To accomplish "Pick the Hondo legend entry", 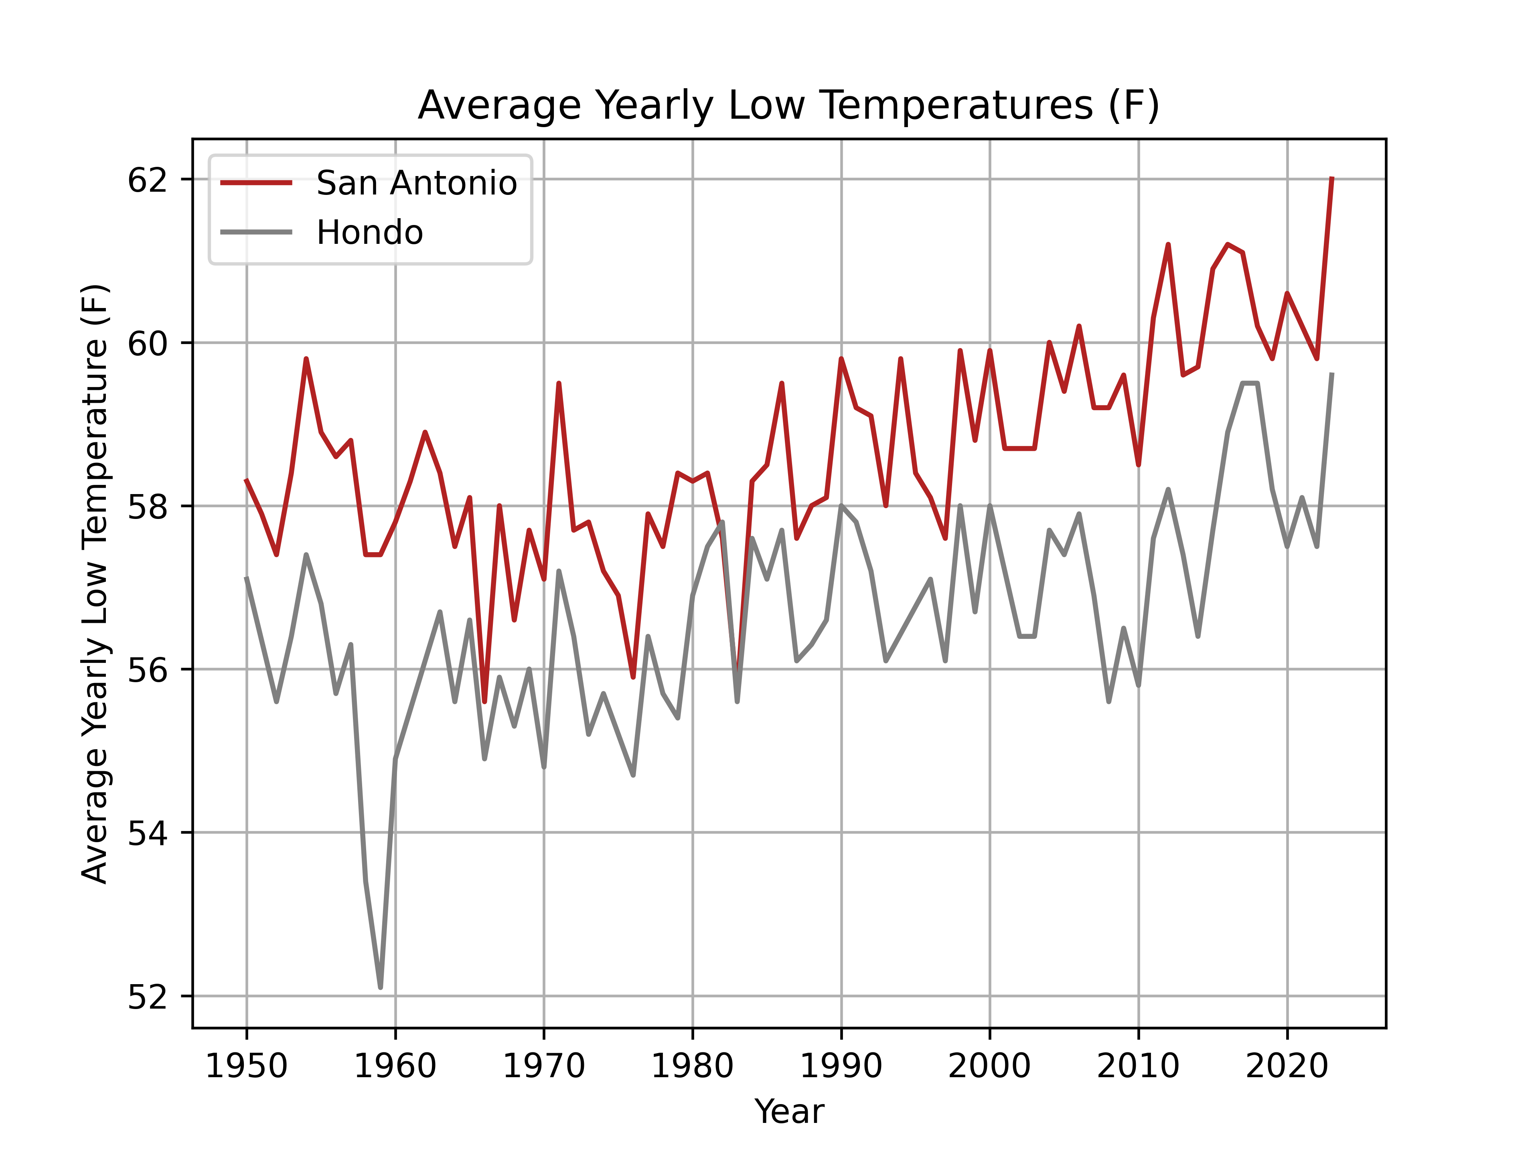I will tap(369, 233).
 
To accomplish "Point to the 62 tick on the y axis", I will tap(148, 180).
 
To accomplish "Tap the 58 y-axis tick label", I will tap(148, 506).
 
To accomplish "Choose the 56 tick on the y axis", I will tap(148, 670).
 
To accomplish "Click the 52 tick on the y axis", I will tap(148, 996).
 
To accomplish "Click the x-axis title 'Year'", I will tap(789, 1111).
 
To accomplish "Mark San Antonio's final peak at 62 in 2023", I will tap(1331, 179).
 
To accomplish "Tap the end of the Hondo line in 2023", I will tap(1331, 375).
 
